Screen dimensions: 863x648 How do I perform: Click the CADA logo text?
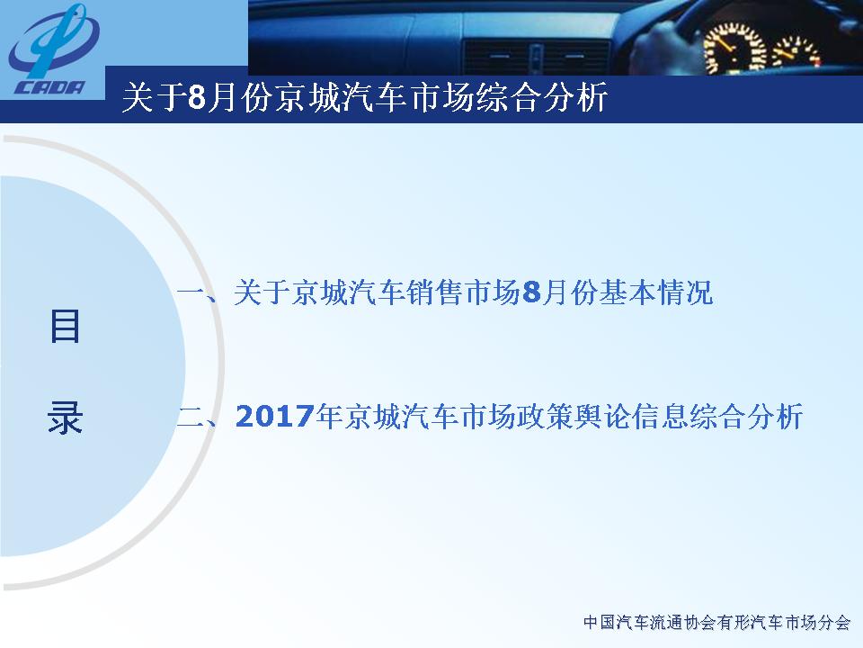click(x=49, y=87)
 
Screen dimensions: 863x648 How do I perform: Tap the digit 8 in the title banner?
click(x=197, y=97)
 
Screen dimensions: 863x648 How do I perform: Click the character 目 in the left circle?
click(x=65, y=326)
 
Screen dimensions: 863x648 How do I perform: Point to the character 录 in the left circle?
click(x=65, y=417)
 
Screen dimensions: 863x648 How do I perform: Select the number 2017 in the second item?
click(x=275, y=417)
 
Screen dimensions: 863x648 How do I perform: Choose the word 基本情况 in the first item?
click(x=656, y=292)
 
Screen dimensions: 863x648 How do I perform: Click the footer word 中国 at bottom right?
click(x=600, y=623)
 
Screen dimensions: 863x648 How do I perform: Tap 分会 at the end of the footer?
click(x=834, y=623)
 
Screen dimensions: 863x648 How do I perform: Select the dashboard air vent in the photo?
click(x=537, y=57)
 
